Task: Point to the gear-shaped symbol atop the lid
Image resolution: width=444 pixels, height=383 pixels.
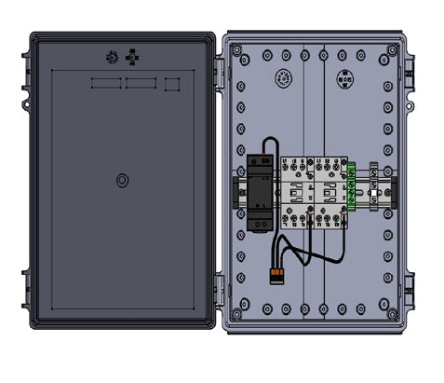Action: click(111, 57)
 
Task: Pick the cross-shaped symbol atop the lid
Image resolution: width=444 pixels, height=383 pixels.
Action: click(133, 57)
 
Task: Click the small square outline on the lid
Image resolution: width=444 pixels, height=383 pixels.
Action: click(171, 84)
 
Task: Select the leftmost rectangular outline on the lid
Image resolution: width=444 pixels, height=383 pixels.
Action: click(106, 84)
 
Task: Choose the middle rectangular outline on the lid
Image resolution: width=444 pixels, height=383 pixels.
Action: click(141, 84)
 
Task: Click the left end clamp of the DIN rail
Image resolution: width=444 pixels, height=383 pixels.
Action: click(235, 192)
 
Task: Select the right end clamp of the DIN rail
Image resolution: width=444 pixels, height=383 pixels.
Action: click(394, 192)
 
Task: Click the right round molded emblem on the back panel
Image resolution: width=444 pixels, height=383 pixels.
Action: click(345, 80)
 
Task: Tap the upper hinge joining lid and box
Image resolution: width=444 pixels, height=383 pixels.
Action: click(219, 69)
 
